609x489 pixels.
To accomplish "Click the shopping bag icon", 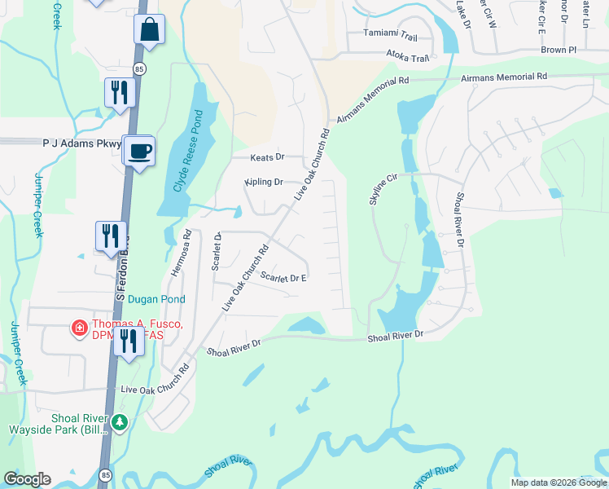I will [x=150, y=30].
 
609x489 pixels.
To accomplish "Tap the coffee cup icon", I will [x=140, y=150].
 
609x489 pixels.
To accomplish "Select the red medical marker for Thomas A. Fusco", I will [x=80, y=328].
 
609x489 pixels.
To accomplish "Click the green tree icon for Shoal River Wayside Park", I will [x=120, y=422].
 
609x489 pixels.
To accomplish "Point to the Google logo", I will [x=27, y=479].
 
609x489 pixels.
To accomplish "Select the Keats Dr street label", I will [x=268, y=156].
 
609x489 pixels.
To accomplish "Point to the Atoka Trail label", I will [x=407, y=58].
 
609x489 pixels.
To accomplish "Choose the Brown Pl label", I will [x=558, y=50].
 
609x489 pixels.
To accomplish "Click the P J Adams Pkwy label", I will [x=81, y=142].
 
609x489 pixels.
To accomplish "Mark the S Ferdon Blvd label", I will [x=120, y=269].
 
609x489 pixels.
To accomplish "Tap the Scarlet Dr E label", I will [x=283, y=277].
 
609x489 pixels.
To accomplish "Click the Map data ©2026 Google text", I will [x=558, y=482].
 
